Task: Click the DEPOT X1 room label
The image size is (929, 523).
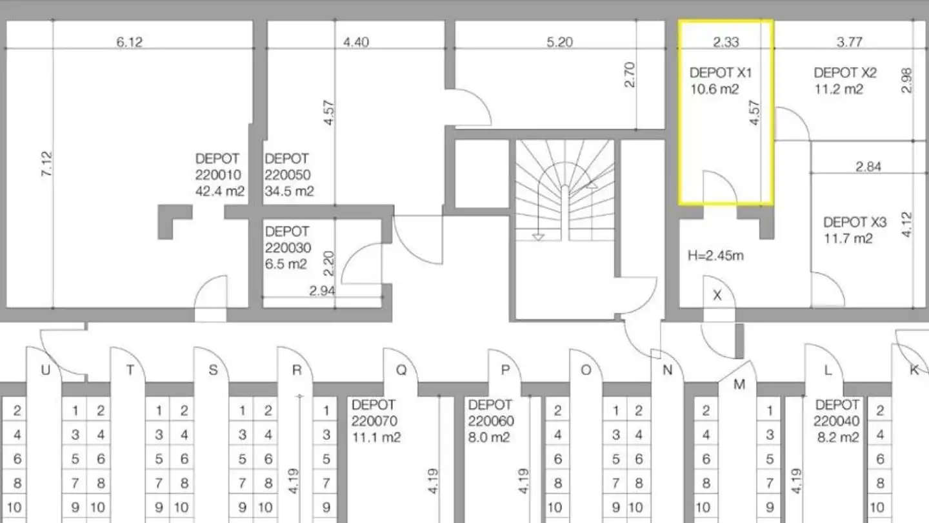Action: (721, 73)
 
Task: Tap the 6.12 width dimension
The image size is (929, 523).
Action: (130, 42)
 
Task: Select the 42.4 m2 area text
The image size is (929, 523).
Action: (220, 191)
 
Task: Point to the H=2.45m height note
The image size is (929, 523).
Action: (715, 256)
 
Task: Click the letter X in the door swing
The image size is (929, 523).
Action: (717, 295)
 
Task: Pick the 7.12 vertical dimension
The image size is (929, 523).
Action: (47, 164)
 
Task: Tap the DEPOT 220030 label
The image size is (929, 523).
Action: (288, 240)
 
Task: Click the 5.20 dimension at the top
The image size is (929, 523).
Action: (559, 42)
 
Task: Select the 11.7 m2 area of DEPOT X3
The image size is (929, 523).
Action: (848, 239)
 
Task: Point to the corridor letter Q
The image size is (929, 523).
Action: (401, 370)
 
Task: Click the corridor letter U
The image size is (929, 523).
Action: (46, 370)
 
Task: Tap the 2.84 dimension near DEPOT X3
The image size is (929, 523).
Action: (868, 167)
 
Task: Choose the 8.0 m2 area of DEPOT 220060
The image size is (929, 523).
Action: (489, 438)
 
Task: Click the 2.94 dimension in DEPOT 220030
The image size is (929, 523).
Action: (323, 291)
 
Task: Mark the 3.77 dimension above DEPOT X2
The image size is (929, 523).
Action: (850, 42)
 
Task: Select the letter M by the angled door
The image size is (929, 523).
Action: (739, 385)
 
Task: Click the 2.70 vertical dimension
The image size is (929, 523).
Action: (630, 74)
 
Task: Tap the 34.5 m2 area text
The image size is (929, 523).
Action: (289, 191)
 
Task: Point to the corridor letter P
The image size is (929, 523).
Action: (505, 370)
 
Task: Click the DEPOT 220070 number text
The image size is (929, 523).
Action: (374, 421)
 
